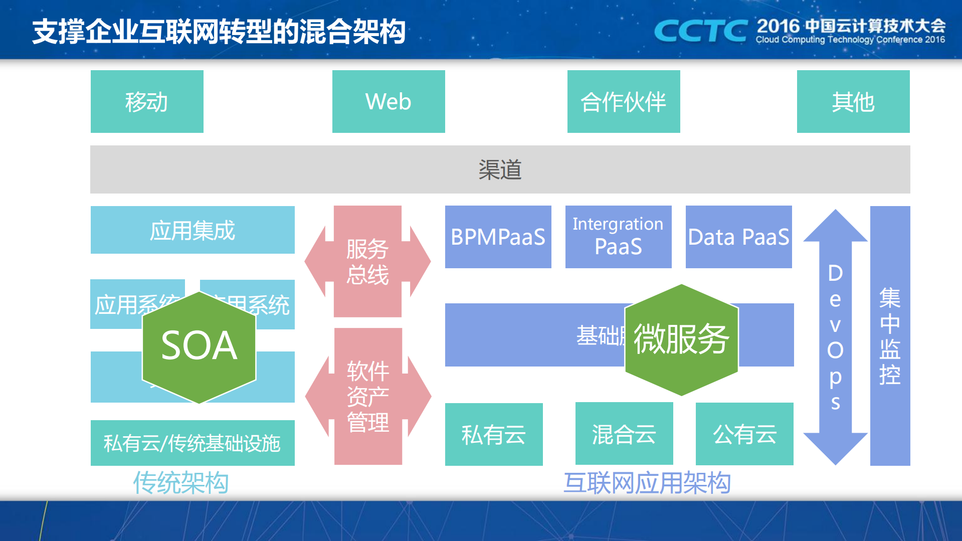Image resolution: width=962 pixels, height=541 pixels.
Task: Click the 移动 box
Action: (147, 102)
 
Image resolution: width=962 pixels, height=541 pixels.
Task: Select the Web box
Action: (389, 102)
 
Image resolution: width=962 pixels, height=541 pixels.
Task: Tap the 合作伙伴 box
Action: (624, 102)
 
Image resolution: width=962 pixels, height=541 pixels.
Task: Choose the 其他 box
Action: (853, 102)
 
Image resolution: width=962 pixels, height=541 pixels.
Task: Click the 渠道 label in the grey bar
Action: (500, 170)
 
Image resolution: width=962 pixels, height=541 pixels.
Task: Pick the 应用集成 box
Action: (193, 230)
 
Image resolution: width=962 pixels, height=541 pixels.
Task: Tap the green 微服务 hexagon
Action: (681, 340)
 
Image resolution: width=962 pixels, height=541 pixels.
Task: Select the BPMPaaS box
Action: (498, 237)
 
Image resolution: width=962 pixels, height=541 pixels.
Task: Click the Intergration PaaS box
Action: (618, 237)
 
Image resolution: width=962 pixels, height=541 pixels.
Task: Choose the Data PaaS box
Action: (738, 237)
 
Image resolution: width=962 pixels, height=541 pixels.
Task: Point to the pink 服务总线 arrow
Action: (367, 262)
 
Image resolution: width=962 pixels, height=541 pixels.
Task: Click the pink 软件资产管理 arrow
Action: (368, 396)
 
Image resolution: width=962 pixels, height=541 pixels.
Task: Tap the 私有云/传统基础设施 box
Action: (193, 443)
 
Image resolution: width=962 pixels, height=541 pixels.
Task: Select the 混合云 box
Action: (624, 434)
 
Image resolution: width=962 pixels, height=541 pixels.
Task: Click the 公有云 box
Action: (744, 434)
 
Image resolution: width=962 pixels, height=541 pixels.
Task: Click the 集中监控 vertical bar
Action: (890, 336)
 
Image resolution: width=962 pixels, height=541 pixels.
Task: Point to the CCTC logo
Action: (701, 31)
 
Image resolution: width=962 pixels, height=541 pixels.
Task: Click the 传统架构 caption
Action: (181, 483)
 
